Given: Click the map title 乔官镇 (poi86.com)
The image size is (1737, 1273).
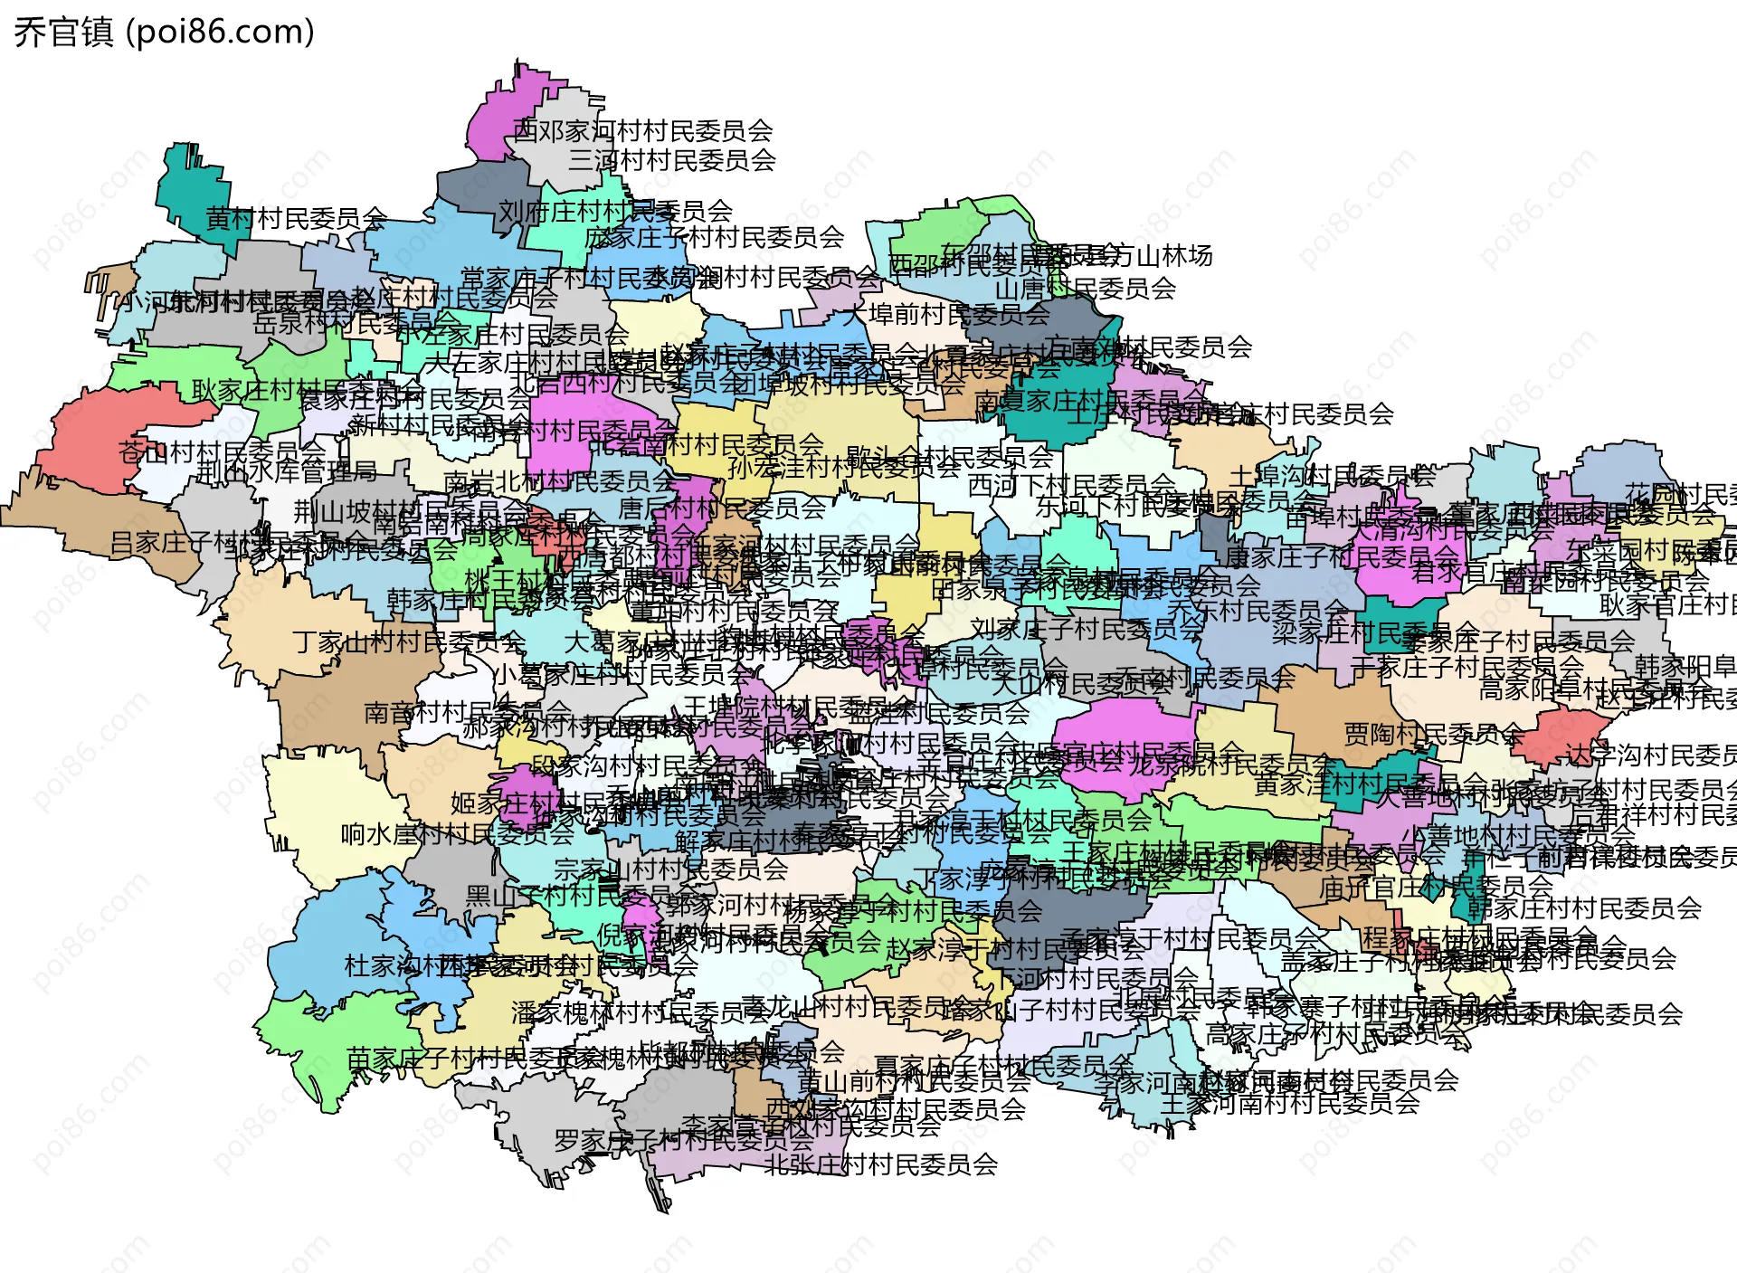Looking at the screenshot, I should tap(164, 33).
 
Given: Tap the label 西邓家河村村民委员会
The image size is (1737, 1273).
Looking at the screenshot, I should tap(642, 131).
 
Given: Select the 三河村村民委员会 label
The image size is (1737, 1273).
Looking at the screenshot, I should tap(672, 160).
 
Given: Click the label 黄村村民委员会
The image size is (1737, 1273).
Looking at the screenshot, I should tap(296, 218).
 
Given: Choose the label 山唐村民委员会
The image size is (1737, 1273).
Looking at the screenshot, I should tap(1085, 289).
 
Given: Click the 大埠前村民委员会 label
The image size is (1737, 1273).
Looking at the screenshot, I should tap(945, 314).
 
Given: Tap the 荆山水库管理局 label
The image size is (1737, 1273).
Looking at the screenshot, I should tap(287, 471).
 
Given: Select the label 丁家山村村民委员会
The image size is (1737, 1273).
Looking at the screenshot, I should tap(409, 642).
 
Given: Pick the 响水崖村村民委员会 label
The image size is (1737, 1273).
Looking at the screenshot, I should tap(457, 833).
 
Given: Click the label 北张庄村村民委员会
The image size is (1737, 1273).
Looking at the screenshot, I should tap(880, 1164).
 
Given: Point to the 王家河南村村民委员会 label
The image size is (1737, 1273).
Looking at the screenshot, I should tap(1289, 1104).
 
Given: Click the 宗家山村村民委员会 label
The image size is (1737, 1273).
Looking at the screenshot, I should tap(670, 869).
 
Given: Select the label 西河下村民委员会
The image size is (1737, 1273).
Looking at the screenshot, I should tap(1071, 486).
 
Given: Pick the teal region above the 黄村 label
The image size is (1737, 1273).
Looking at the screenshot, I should tap(190, 185).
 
